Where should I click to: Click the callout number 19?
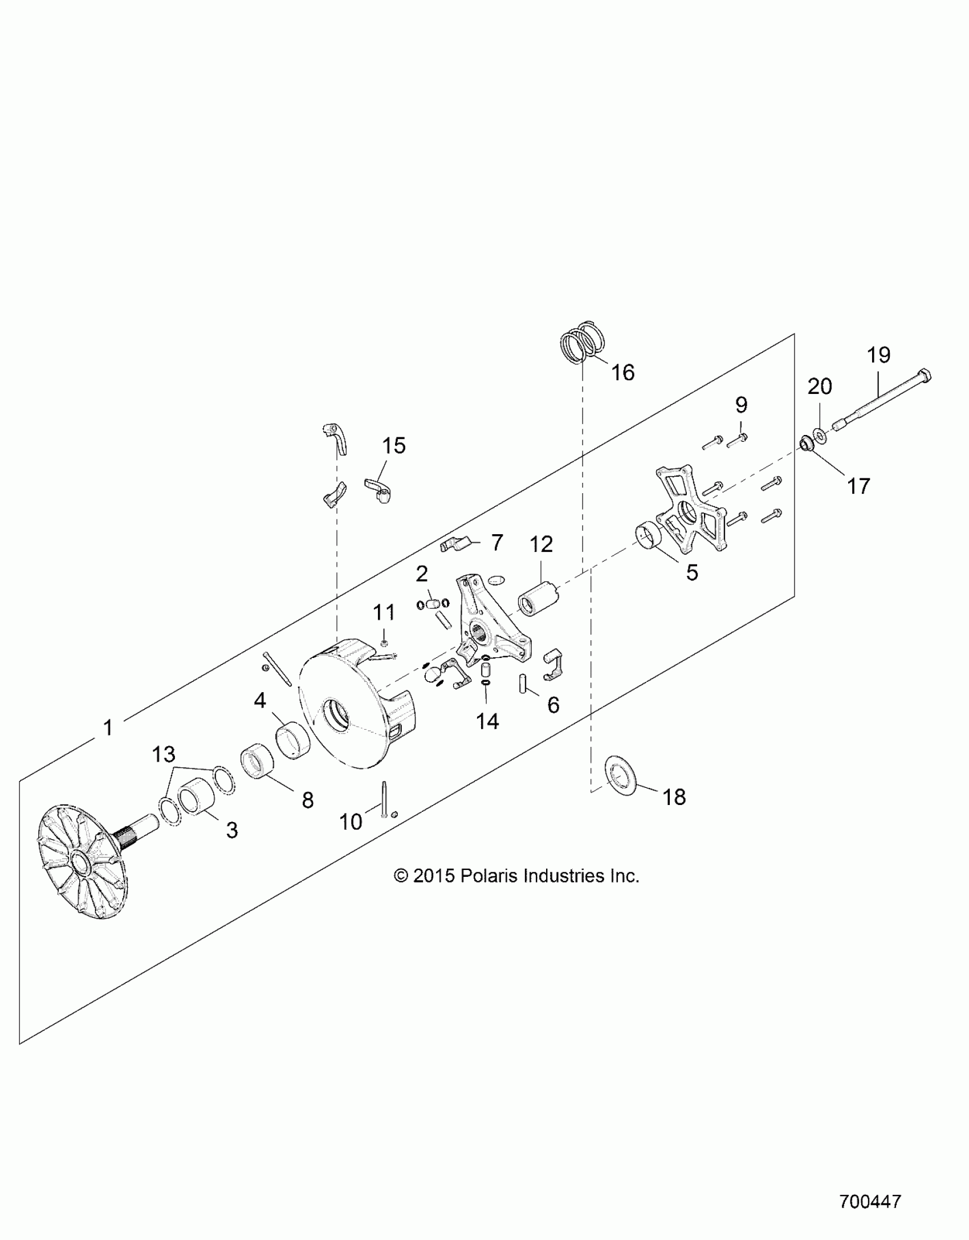[878, 355]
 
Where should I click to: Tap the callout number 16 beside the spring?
[622, 373]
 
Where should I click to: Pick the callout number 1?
[108, 728]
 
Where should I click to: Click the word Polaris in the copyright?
[489, 876]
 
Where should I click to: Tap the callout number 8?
[308, 800]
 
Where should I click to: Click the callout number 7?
[497, 543]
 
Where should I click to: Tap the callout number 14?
[487, 722]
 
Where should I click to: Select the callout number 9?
[740, 405]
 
